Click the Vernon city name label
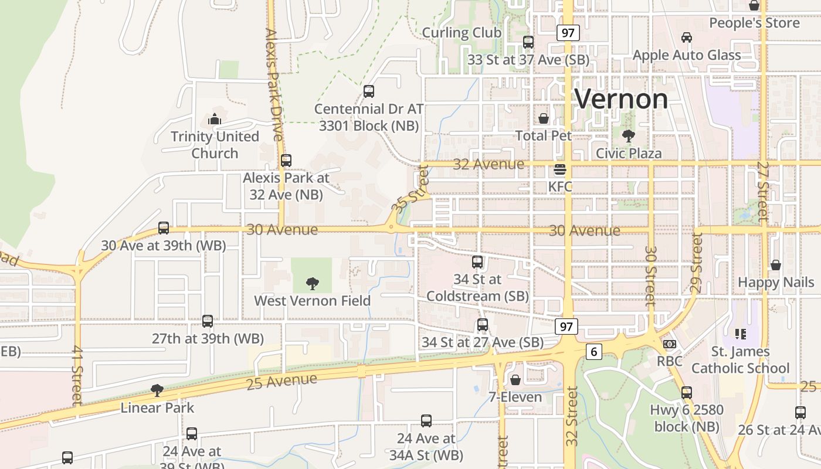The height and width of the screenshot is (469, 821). (621, 99)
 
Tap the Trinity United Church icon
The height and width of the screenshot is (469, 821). (215, 120)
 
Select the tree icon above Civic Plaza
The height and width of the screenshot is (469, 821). (629, 136)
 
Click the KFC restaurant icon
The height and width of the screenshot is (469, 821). (560, 171)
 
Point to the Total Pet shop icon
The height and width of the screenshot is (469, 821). (544, 118)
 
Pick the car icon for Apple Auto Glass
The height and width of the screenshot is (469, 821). (687, 38)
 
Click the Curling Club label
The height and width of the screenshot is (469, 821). (462, 33)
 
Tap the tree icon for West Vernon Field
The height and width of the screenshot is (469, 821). (313, 284)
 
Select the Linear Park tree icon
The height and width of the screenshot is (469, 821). (157, 390)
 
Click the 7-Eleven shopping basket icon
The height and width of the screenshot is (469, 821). (515, 380)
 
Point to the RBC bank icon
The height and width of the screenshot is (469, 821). (669, 344)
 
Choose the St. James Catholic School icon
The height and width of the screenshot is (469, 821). (741, 334)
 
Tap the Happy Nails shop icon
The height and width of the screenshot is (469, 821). (776, 265)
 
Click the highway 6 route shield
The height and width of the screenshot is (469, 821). (594, 352)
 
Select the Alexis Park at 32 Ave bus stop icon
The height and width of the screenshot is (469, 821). (286, 161)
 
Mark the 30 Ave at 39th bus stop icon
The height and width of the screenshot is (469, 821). (164, 228)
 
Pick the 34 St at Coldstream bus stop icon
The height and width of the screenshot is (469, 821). (477, 262)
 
